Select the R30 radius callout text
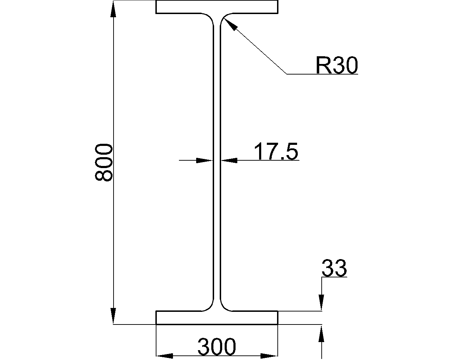pyautogui.click(x=337, y=65)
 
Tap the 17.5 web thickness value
pyautogui.click(x=276, y=151)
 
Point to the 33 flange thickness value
pyautogui.click(x=334, y=268)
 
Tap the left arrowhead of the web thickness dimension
pyautogui.click(x=205, y=160)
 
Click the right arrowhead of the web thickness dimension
pyautogui.click(x=229, y=160)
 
